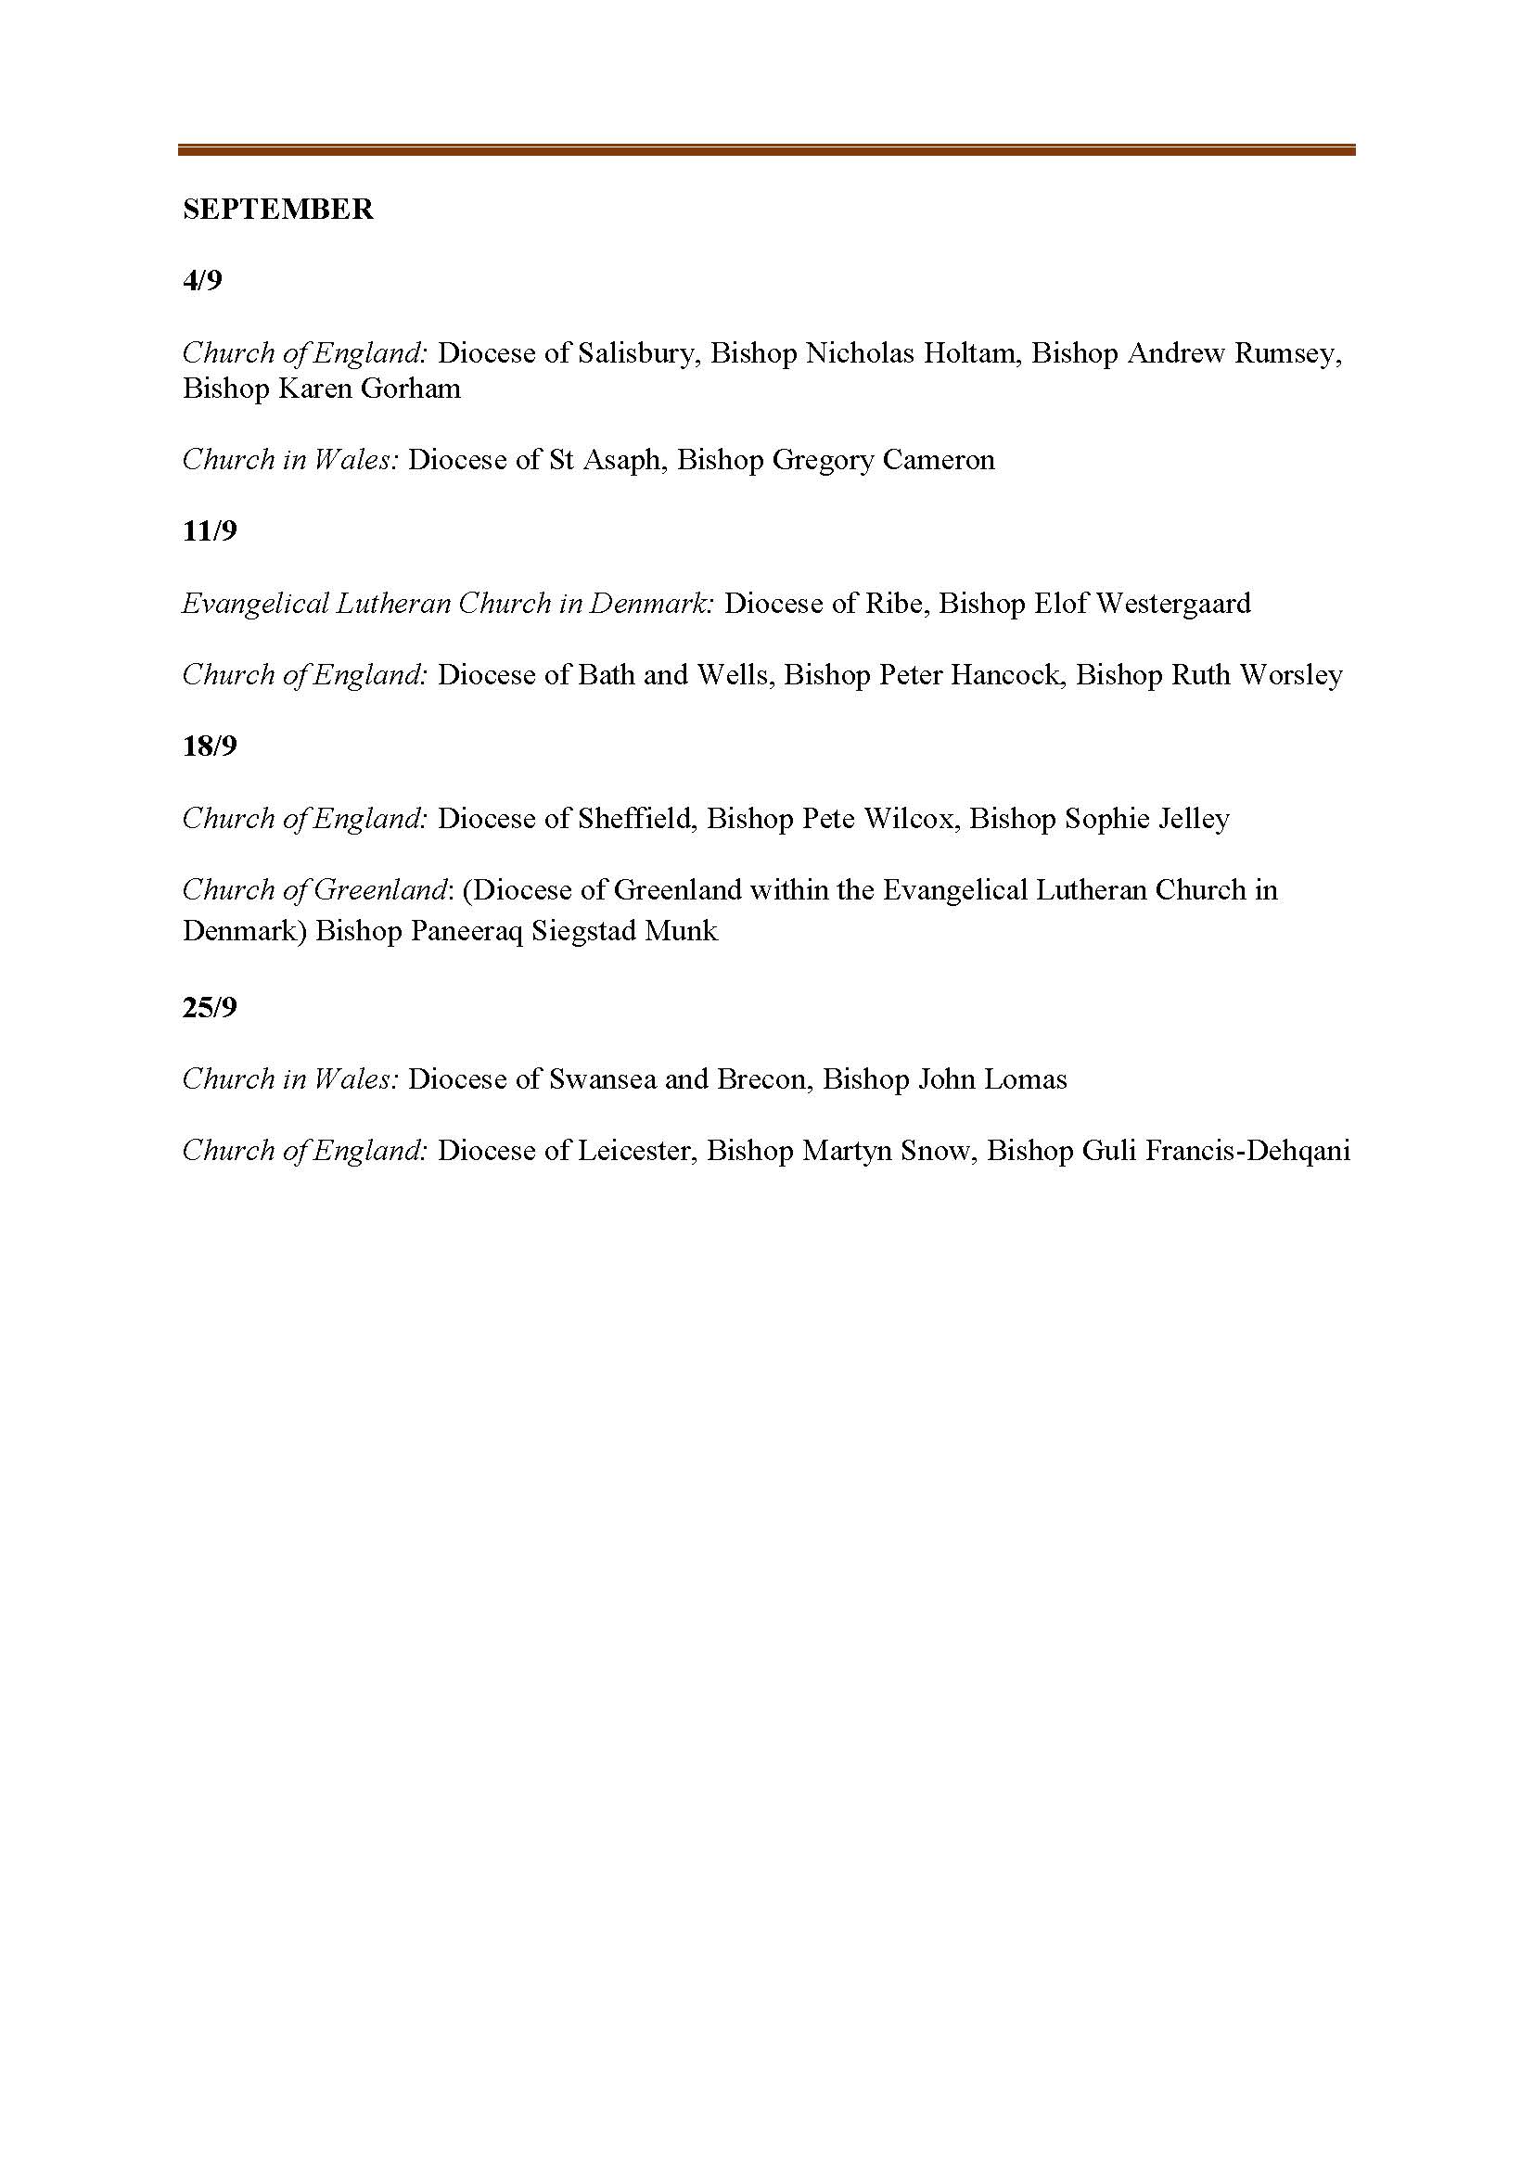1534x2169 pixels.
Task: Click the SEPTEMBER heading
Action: tap(277, 209)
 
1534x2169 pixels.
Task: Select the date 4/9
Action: tap(202, 281)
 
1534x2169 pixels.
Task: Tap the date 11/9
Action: tap(210, 531)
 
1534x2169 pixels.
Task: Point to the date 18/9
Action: tap(210, 746)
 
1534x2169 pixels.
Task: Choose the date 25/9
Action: tap(210, 1008)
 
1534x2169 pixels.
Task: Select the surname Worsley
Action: tap(1291, 674)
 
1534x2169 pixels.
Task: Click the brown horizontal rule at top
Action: tap(766, 149)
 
